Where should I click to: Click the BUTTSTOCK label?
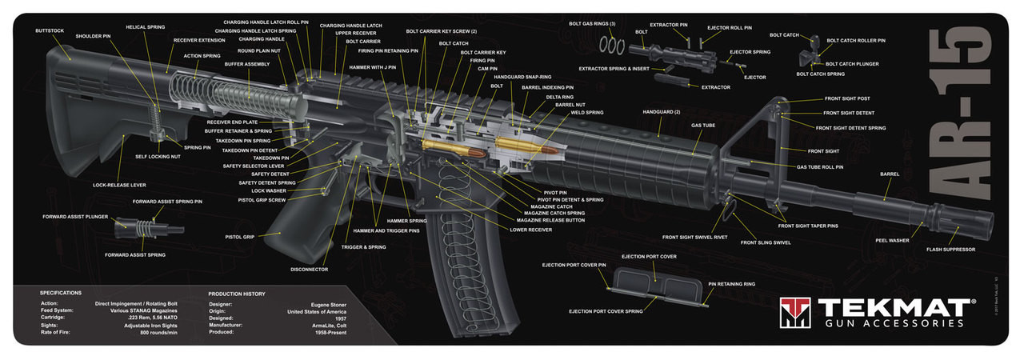click(x=50, y=30)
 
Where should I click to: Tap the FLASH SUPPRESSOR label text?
click(x=950, y=250)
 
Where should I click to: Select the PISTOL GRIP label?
click(x=239, y=237)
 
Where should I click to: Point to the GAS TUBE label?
click(x=703, y=126)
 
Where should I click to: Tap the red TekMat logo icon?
click(x=795, y=313)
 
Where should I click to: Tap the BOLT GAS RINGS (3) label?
click(x=592, y=24)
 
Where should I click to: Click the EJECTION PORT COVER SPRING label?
click(x=606, y=311)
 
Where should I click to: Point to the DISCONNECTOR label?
click(x=309, y=270)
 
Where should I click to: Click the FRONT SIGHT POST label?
click(x=847, y=98)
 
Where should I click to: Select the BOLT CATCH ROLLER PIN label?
click(x=856, y=40)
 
